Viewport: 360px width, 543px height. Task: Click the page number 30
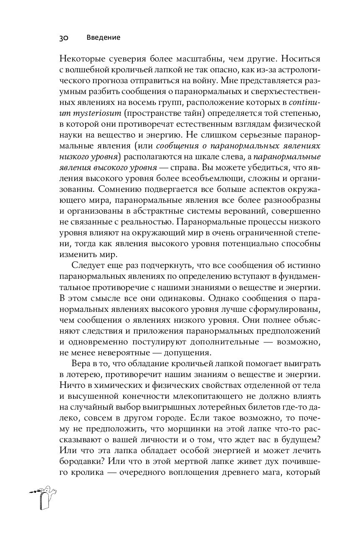tap(63, 38)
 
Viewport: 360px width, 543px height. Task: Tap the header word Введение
tap(104, 38)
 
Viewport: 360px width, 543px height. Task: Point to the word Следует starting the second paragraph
tap(86, 265)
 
